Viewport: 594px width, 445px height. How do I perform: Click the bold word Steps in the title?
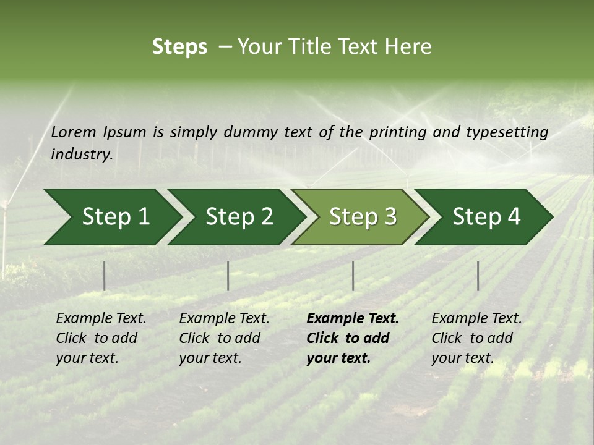179,47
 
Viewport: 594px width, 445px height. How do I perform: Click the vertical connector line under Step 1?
104,276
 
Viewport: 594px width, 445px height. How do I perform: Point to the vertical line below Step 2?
228,276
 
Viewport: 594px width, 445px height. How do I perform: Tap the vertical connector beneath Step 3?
353,276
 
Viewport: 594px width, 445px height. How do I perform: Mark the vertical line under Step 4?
478,276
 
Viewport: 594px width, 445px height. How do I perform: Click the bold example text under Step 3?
353,338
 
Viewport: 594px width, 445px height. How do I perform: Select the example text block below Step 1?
101,338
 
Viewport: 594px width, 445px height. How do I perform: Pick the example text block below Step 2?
224,338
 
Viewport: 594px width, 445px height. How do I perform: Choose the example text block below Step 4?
476,338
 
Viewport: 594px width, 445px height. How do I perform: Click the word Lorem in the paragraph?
74,132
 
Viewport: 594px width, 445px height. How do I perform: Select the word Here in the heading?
408,47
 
